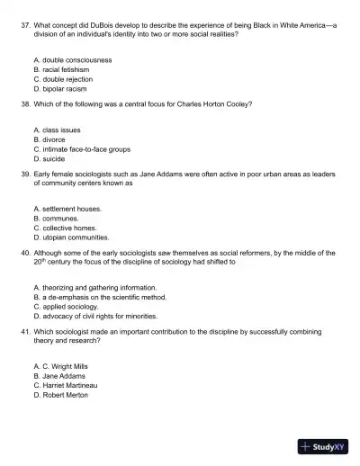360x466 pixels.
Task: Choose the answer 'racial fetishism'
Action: pyautogui.click(x=69, y=68)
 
